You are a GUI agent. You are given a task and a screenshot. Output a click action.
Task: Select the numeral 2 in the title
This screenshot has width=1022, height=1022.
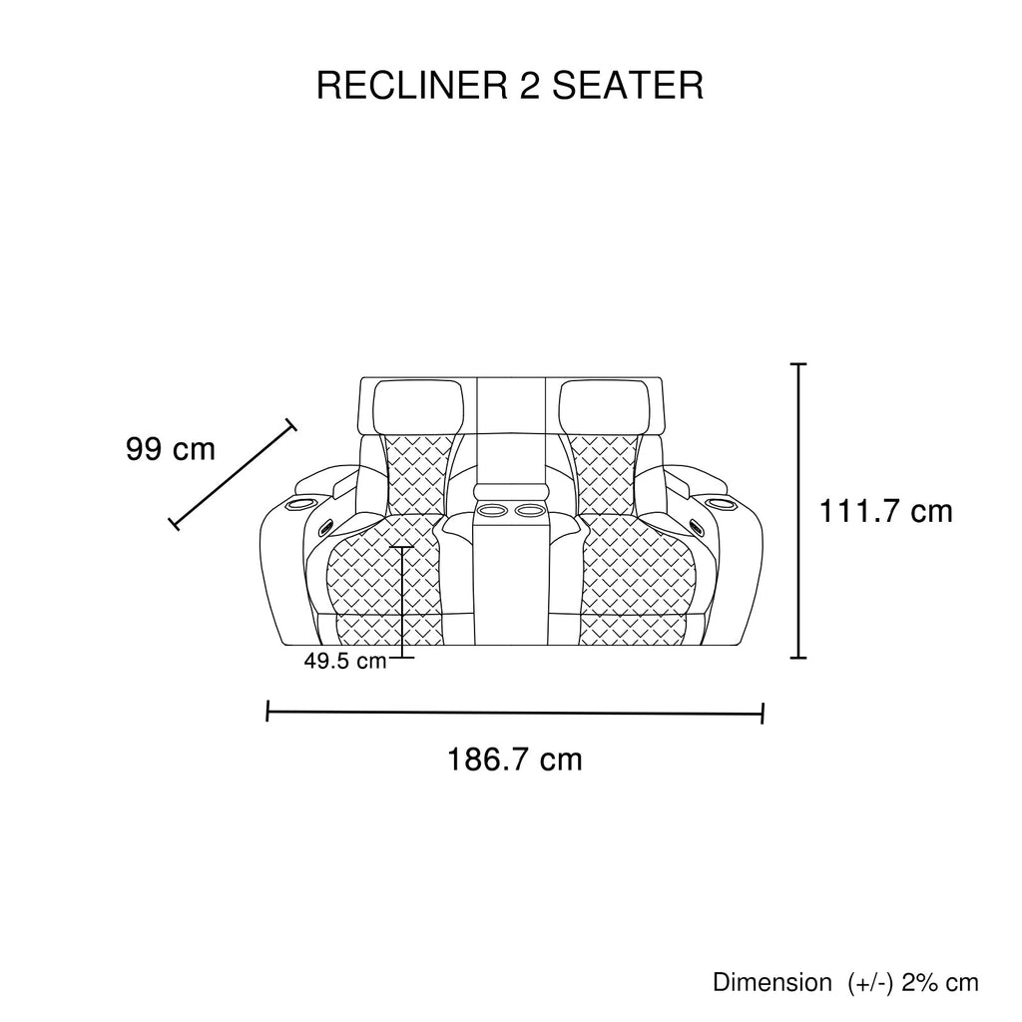click(530, 86)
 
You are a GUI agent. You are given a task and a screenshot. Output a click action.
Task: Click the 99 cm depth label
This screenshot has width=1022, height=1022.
click(171, 449)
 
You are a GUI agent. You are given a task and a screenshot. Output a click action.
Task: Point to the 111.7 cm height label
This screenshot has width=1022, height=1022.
click(886, 512)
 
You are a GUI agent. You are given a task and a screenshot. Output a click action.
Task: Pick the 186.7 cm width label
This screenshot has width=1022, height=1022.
click(514, 761)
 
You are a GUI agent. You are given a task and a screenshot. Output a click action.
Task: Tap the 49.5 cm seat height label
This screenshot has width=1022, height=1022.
click(345, 661)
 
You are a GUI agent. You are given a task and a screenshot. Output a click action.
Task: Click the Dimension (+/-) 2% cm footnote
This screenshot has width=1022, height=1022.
click(845, 982)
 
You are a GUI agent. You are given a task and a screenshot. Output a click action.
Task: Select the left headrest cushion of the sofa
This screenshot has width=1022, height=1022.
click(420, 406)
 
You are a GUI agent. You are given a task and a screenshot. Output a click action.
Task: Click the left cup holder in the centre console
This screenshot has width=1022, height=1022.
click(491, 512)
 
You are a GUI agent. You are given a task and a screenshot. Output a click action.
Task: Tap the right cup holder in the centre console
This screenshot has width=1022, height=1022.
click(529, 512)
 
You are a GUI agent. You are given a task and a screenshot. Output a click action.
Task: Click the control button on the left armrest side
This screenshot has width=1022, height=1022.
click(326, 525)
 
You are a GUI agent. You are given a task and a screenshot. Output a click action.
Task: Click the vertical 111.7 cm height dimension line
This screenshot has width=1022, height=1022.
click(798, 511)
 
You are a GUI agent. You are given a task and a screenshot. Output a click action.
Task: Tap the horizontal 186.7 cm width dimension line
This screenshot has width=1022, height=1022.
click(515, 713)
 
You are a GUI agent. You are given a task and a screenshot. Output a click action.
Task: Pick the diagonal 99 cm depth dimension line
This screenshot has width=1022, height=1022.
click(235, 473)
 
